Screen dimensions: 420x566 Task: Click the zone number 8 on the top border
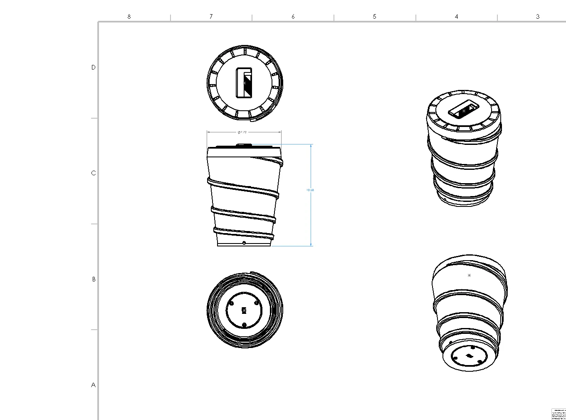pyautogui.click(x=129, y=17)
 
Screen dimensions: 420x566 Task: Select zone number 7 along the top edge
pyautogui.click(x=211, y=17)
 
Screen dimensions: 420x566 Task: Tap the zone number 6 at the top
pyautogui.click(x=293, y=17)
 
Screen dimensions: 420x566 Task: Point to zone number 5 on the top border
pyautogui.click(x=374, y=17)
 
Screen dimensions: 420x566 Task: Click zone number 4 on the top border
pyautogui.click(x=456, y=17)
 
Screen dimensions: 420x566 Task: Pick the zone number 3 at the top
pyautogui.click(x=538, y=17)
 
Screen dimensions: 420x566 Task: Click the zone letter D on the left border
pyautogui.click(x=93, y=67)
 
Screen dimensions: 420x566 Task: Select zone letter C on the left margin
pyautogui.click(x=93, y=173)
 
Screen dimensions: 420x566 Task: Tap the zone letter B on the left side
pyautogui.click(x=94, y=279)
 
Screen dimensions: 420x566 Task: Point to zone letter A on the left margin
pyautogui.click(x=93, y=385)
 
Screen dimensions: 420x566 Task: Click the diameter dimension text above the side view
pyautogui.click(x=242, y=132)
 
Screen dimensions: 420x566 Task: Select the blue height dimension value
pyautogui.click(x=310, y=190)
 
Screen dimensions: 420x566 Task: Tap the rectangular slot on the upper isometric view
pyautogui.click(x=464, y=110)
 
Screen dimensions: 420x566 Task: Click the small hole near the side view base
pyautogui.click(x=244, y=243)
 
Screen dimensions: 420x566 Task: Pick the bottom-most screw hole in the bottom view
pyautogui.click(x=244, y=325)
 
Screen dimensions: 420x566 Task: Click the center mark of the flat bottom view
pyautogui.click(x=244, y=310)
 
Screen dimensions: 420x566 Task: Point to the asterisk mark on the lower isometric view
pyautogui.click(x=470, y=276)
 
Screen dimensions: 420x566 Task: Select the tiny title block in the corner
pyautogui.click(x=559, y=414)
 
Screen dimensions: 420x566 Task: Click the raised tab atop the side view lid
pyautogui.click(x=244, y=145)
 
